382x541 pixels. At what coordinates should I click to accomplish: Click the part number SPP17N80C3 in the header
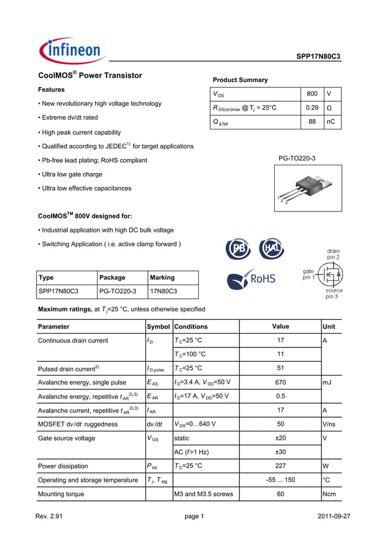(318, 56)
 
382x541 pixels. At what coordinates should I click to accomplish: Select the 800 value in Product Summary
(311, 94)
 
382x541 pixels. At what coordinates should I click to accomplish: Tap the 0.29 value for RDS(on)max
(311, 108)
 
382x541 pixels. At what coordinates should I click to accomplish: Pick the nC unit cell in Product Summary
(331, 122)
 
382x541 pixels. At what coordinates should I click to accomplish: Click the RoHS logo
(251, 279)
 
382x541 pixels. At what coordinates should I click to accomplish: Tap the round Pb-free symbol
(238, 249)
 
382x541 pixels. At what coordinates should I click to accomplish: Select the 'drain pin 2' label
(333, 254)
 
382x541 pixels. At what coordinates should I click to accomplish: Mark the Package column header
(112, 277)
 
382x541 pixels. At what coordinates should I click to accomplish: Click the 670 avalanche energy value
(280, 382)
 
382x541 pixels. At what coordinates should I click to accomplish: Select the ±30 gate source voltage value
(280, 452)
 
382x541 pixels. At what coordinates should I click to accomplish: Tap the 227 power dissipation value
(280, 466)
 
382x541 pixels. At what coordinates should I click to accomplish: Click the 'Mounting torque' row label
(61, 494)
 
